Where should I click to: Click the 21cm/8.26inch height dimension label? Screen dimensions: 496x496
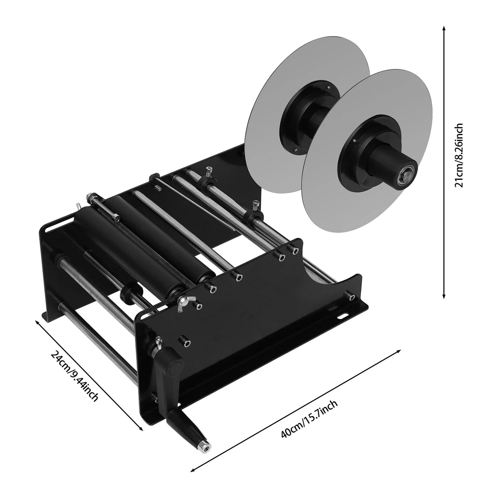click(x=459, y=155)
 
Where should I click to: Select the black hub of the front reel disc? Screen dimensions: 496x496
click(x=360, y=155)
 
